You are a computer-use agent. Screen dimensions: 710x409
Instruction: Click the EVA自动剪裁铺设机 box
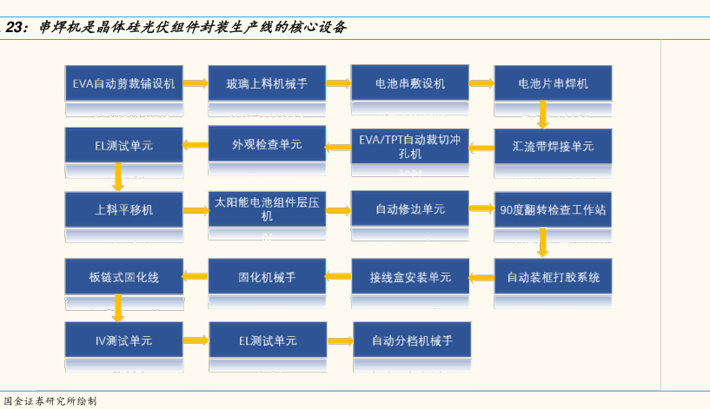tap(123, 83)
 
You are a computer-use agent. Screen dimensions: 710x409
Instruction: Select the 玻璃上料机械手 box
tap(267, 83)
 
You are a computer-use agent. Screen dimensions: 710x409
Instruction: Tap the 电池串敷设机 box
tap(410, 82)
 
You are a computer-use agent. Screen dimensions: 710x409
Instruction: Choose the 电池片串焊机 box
tap(553, 83)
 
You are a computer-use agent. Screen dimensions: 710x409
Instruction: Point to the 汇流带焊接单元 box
tap(553, 146)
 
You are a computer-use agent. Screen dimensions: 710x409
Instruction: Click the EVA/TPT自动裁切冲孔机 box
tap(410, 146)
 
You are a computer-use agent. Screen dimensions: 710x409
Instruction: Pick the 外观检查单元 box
tap(267, 144)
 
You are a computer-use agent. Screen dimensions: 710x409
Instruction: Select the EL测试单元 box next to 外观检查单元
tap(123, 145)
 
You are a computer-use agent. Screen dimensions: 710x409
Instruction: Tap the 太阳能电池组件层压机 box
tap(267, 209)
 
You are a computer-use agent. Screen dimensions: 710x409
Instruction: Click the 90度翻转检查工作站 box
tap(553, 209)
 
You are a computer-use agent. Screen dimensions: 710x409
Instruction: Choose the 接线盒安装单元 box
tap(410, 277)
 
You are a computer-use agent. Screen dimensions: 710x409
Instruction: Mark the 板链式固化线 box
tap(123, 277)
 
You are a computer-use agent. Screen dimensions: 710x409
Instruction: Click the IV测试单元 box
tap(123, 340)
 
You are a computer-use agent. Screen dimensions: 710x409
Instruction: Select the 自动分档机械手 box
tap(412, 340)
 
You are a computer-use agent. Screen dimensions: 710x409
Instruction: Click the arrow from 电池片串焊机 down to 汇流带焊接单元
tap(543, 115)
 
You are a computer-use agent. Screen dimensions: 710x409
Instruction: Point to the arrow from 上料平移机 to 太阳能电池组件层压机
tap(196, 210)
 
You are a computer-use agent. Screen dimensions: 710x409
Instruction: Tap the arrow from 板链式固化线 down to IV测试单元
tap(117, 308)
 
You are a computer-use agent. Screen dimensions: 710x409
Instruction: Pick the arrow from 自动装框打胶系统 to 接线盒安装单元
tap(481, 277)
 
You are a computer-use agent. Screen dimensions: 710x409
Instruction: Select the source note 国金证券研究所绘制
tap(50, 401)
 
